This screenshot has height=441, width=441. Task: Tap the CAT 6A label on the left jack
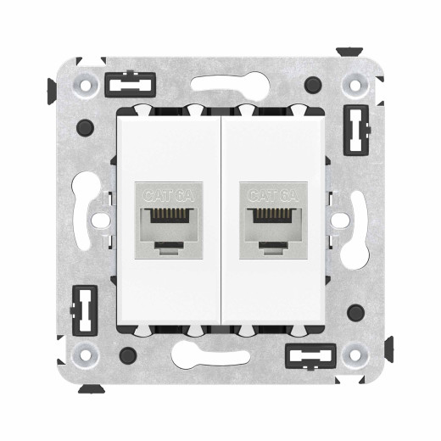pyautogui.click(x=167, y=194)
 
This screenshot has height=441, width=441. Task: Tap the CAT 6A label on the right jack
pyautogui.click(x=273, y=194)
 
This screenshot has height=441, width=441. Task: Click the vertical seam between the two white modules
pyautogui.click(x=220, y=220)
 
